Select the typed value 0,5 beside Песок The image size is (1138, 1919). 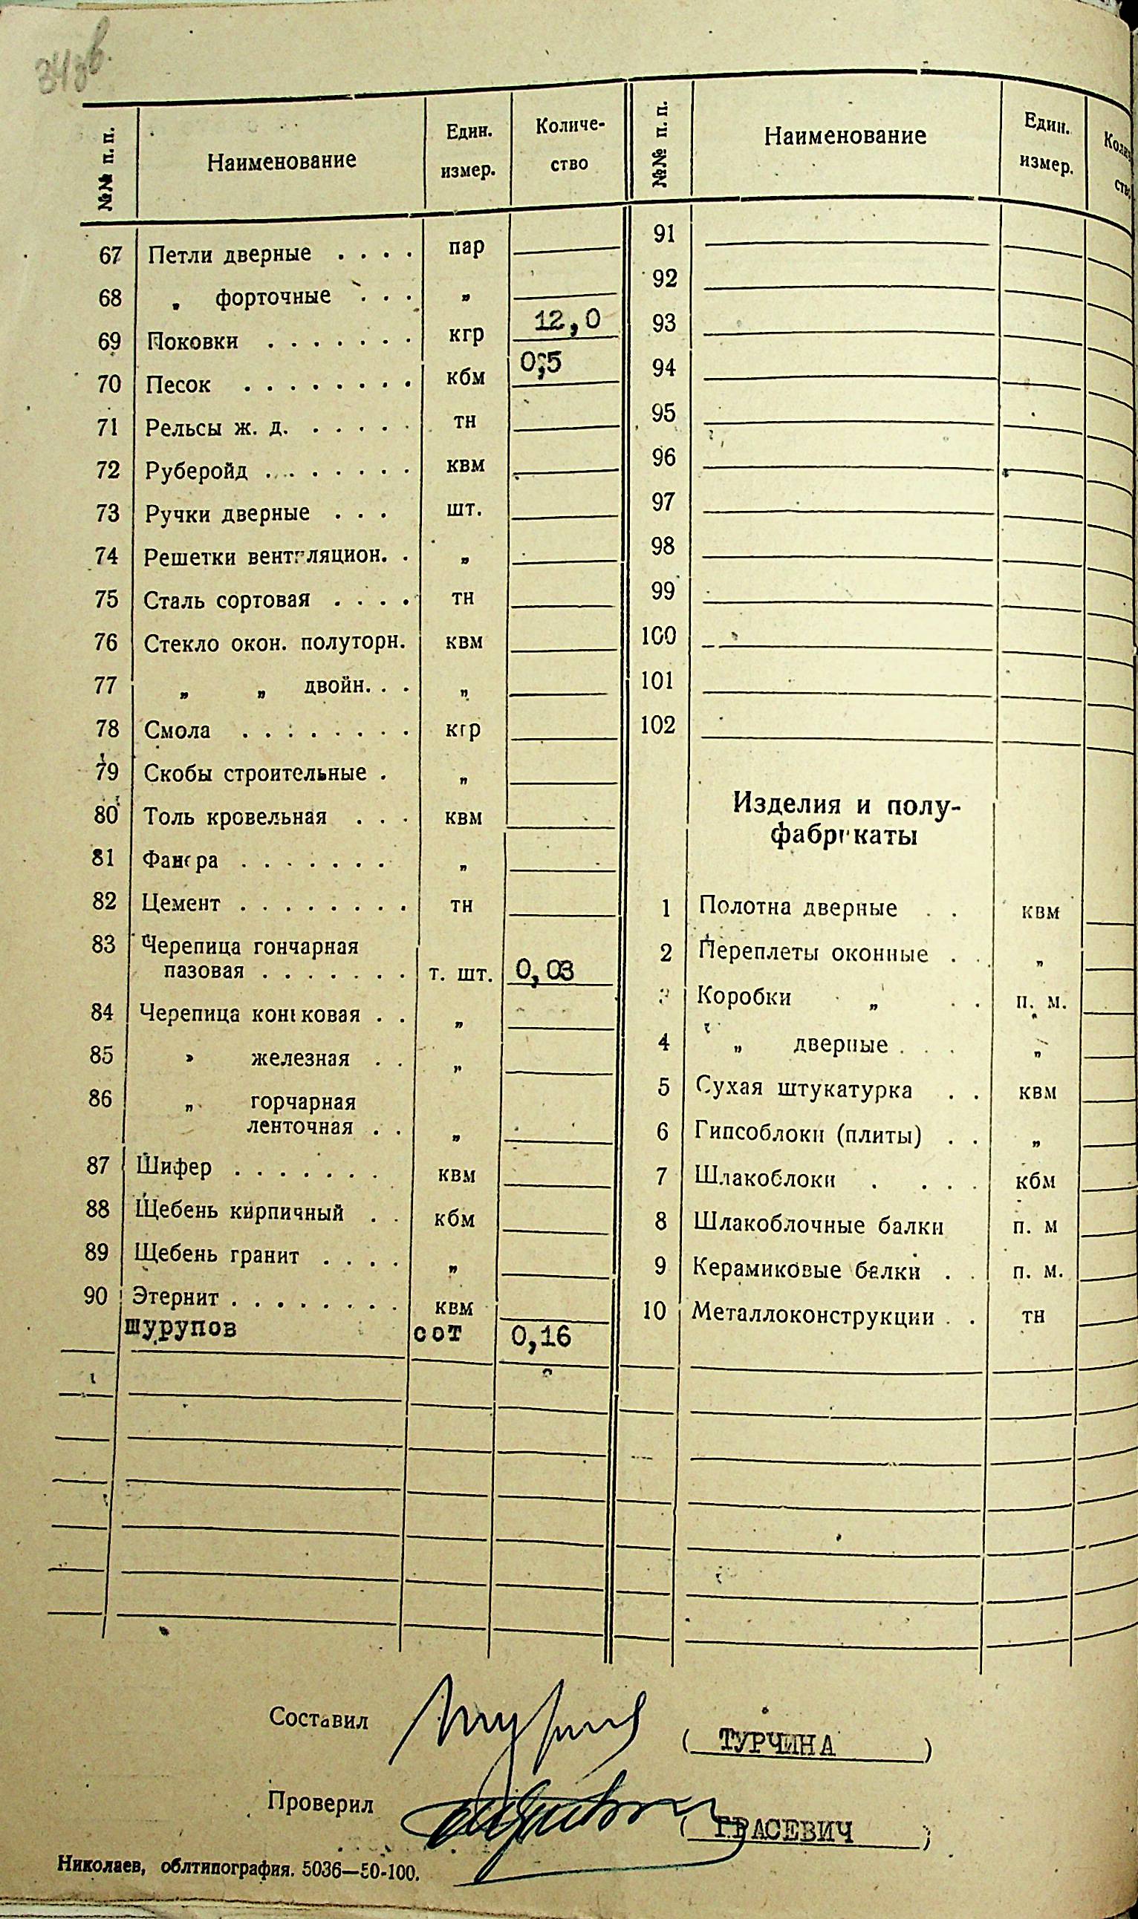tap(542, 364)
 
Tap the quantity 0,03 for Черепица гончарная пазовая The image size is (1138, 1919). tap(544, 971)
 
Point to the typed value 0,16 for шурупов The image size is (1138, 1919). tap(542, 1337)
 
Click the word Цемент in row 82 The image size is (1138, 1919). tap(182, 903)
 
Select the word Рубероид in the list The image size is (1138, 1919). tap(196, 470)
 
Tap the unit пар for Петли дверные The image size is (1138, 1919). tap(466, 247)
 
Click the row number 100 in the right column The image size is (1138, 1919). tap(659, 636)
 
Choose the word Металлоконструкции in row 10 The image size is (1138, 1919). tap(813, 1317)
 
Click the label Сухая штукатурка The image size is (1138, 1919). tap(804, 1089)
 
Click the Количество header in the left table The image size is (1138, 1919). tap(570, 144)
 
